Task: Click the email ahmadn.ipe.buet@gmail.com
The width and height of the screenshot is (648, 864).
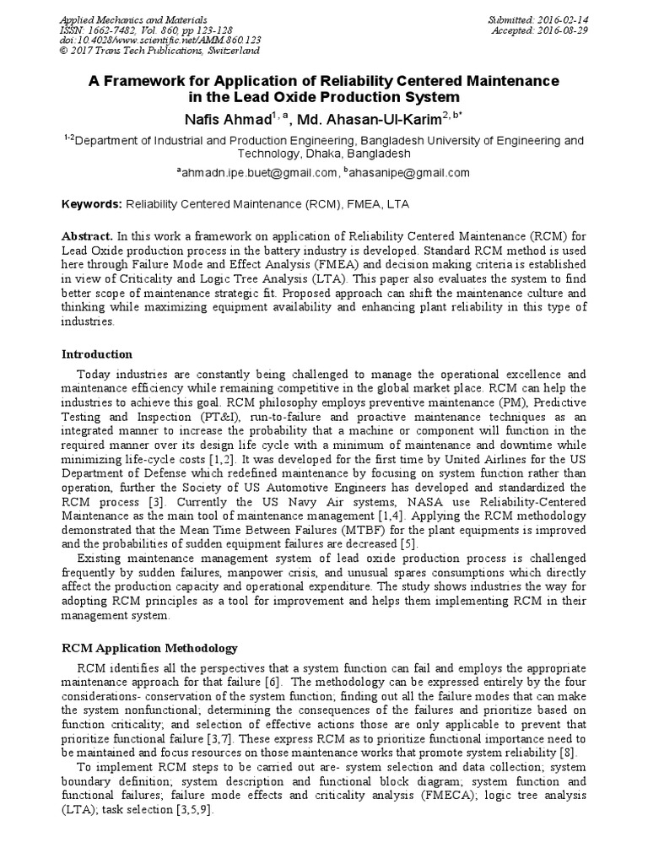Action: pyautogui.click(x=259, y=173)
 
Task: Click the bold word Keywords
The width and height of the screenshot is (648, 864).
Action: pyautogui.click(x=93, y=205)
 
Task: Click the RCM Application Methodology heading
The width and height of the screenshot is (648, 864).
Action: pyautogui.click(x=151, y=648)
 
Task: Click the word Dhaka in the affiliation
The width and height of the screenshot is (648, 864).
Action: pyautogui.click(x=309, y=154)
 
